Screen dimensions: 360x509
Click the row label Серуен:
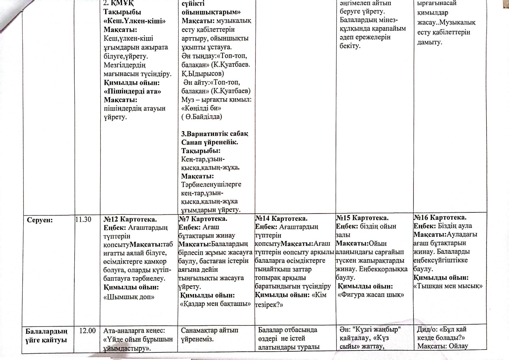(x=40, y=220)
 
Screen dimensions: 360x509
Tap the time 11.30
(x=83, y=219)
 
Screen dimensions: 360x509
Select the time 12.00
(x=87, y=331)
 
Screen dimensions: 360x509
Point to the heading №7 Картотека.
(x=203, y=218)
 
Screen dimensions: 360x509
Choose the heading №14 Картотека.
(x=281, y=218)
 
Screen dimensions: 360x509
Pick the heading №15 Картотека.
(x=362, y=218)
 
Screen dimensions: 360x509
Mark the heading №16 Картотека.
(x=440, y=217)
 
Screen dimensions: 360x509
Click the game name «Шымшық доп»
(x=129, y=297)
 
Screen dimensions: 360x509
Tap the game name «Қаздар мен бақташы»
(x=215, y=304)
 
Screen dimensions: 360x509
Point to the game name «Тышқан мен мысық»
(x=448, y=286)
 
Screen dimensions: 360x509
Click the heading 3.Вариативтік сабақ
(x=215, y=134)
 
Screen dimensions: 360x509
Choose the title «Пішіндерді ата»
(x=132, y=91)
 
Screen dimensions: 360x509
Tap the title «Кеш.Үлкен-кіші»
(x=135, y=21)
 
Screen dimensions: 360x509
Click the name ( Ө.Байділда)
(x=202, y=117)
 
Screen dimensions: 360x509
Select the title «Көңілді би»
(x=201, y=108)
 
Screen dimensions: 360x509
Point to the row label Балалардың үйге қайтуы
(x=46, y=336)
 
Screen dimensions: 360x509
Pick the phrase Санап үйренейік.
(x=209, y=142)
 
